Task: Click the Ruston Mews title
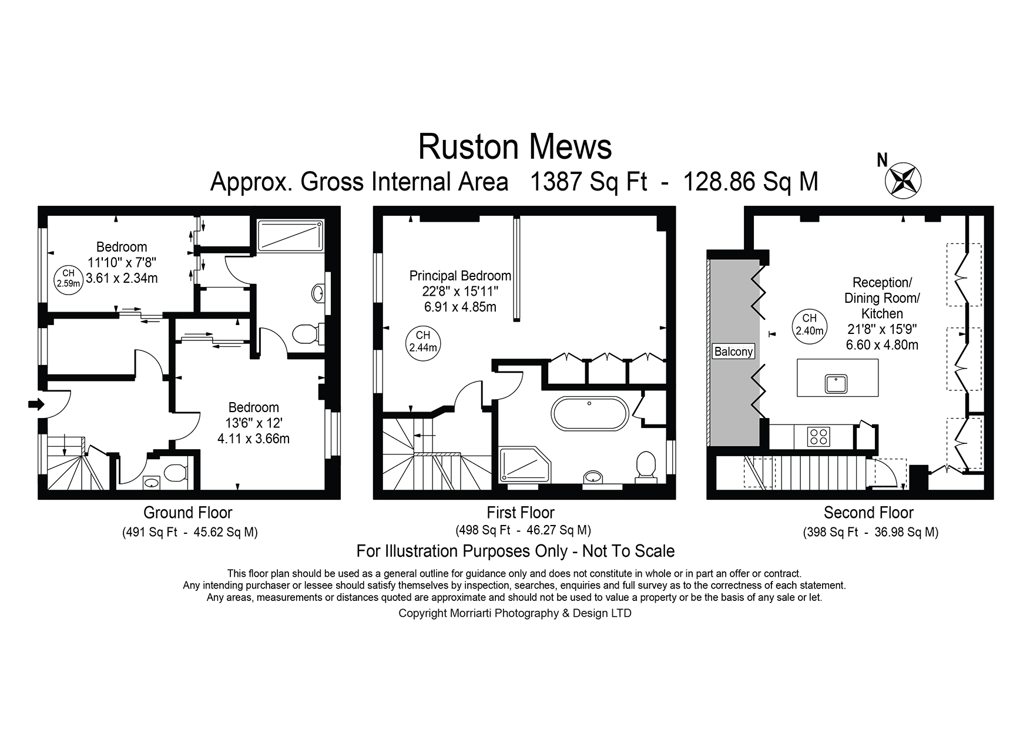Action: pos(515,147)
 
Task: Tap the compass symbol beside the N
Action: pos(903,180)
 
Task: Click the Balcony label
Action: pos(733,352)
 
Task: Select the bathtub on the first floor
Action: pos(589,416)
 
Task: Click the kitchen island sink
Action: pos(836,384)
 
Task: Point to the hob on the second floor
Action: pos(819,436)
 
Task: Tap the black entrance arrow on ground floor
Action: pos(36,404)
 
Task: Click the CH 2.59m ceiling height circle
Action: pos(69,278)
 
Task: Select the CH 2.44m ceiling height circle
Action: pos(423,341)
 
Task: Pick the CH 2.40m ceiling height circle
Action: pos(810,325)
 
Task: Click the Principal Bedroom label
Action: pos(460,275)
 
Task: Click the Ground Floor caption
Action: pos(188,513)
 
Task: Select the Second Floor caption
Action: pos(868,513)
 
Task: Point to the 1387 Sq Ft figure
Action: pos(589,182)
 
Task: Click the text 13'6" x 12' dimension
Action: pos(254,423)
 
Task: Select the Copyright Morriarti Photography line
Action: pos(515,613)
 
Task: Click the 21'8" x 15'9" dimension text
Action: pos(882,329)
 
